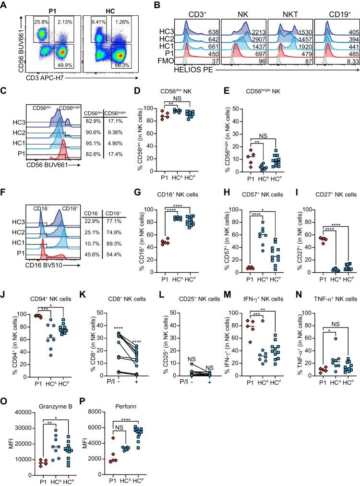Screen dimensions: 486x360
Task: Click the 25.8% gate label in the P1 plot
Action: tap(41, 21)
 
